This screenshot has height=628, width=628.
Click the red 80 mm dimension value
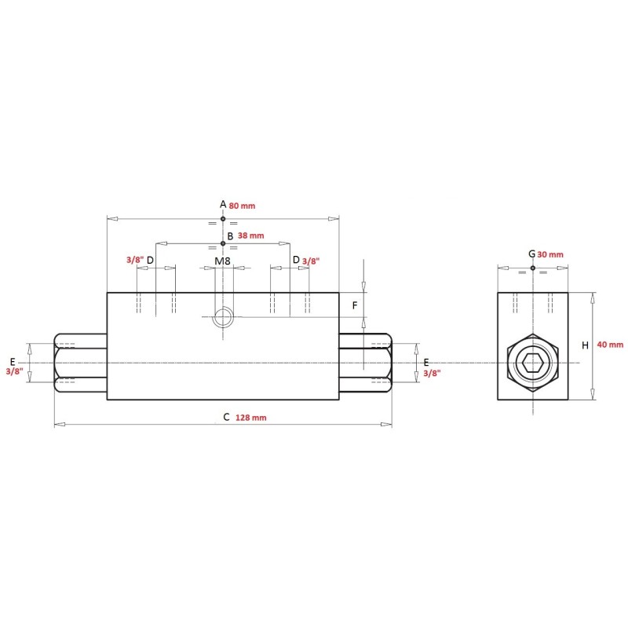coord(242,206)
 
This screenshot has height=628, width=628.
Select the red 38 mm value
coord(250,235)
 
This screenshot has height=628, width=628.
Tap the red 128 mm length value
coord(250,418)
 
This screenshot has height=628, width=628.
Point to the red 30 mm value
coord(550,254)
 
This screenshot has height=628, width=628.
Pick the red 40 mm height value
coord(610,345)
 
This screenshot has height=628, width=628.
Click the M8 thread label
coord(222,261)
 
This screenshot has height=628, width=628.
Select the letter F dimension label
coord(355,305)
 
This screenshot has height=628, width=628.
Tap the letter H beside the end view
coord(585,345)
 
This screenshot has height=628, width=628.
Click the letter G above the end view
coord(532,254)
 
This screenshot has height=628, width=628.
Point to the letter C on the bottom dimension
coord(226,417)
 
